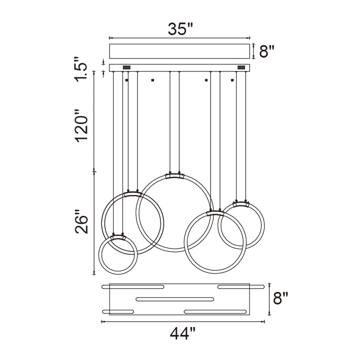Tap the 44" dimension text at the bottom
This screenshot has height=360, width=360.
[182, 334]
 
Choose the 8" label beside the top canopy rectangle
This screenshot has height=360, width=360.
[266, 51]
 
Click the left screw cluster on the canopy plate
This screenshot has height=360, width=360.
[126, 67]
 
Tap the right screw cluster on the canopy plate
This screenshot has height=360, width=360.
[241, 67]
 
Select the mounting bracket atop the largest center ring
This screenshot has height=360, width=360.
[175, 175]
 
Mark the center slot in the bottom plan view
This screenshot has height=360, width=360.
[175, 299]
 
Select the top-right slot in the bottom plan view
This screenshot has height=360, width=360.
[240, 287]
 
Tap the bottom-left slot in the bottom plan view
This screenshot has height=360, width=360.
[118, 312]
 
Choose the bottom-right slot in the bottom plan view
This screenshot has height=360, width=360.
[215, 312]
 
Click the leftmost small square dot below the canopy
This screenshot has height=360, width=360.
[127, 81]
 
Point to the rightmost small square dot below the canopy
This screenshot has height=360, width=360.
[232, 81]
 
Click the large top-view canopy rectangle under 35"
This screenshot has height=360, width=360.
[179, 51]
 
